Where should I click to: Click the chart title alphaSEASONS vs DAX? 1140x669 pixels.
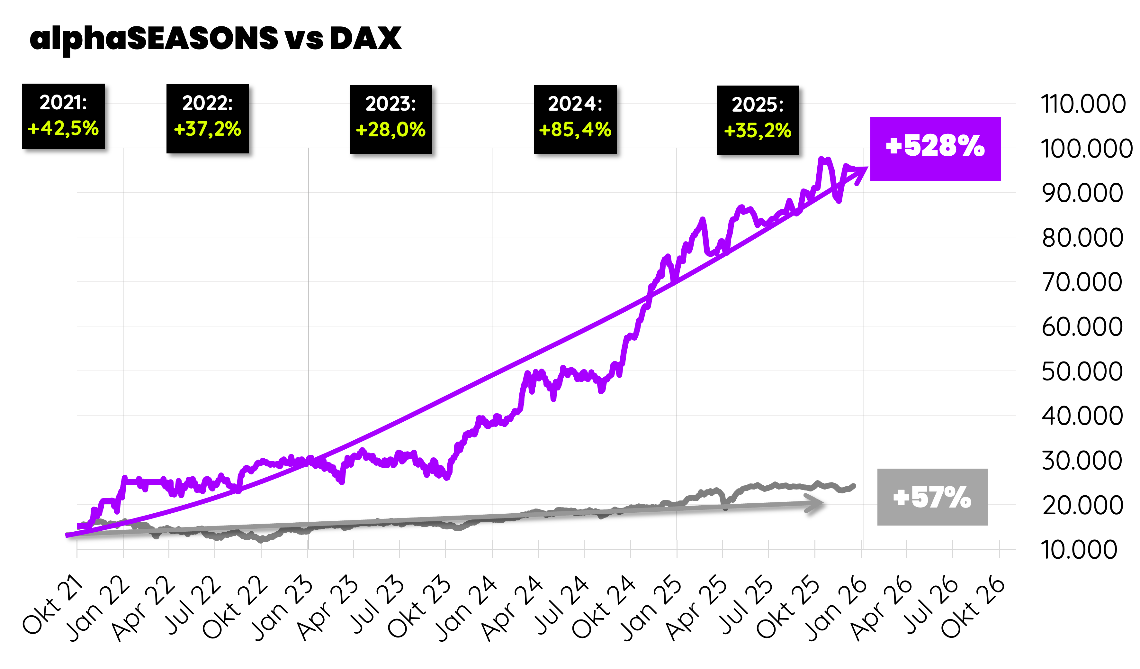215,39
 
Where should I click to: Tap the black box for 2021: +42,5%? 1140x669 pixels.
63,116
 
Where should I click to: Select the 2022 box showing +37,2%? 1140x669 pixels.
208,119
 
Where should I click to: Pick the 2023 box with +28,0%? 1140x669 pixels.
391,119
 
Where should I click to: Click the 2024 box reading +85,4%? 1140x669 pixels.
575,119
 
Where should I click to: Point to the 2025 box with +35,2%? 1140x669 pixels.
758,120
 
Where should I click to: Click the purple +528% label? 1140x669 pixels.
935,149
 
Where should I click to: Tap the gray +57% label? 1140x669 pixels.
932,497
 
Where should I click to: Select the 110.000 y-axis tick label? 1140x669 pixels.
1082,104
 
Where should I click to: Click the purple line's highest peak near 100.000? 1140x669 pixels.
821,159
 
